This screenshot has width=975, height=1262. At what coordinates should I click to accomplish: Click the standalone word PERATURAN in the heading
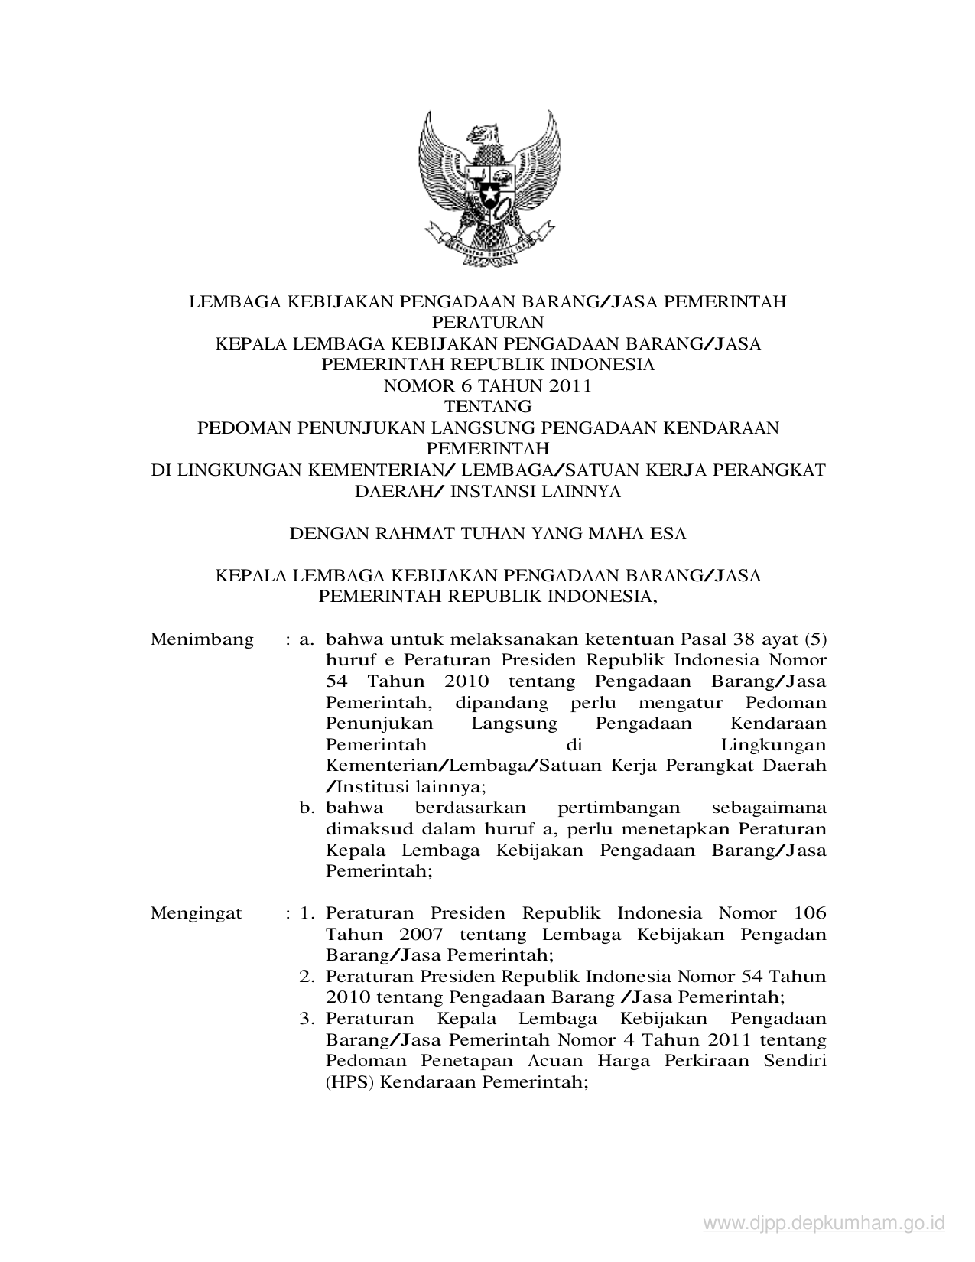[487, 323]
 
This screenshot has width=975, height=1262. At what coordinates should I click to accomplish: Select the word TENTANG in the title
[487, 407]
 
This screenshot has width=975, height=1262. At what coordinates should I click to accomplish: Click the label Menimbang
[202, 639]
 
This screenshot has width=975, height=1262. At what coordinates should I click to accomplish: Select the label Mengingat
[197, 913]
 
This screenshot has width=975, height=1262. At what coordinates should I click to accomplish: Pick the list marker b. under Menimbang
[308, 808]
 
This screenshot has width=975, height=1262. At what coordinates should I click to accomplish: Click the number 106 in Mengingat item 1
[809, 913]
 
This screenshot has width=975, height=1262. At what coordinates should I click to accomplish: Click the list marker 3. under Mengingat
[307, 1019]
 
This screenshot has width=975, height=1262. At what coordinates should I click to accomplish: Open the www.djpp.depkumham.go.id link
[824, 1224]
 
